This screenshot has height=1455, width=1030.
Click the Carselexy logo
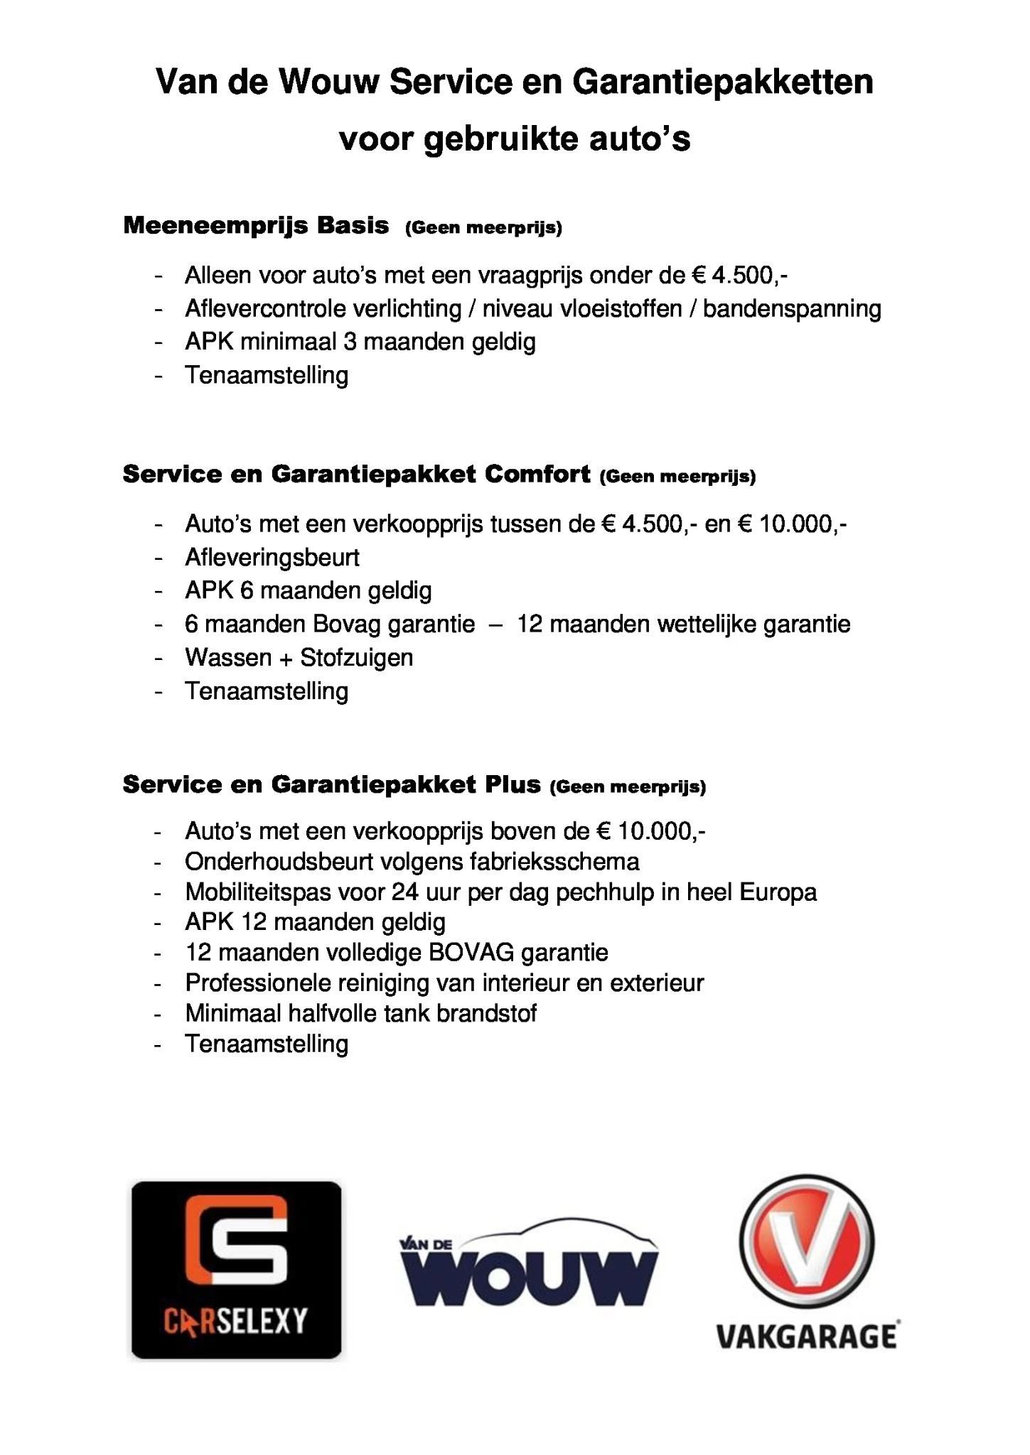[236, 1270]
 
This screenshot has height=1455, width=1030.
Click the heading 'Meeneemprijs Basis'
[256, 226]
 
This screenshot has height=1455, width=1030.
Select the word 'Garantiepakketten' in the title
[722, 82]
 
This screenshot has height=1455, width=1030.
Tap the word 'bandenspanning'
[792, 309]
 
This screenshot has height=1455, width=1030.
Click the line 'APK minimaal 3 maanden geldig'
[360, 342]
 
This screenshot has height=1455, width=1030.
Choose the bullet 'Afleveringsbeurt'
[272, 558]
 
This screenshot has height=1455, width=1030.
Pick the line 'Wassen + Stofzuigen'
[299, 658]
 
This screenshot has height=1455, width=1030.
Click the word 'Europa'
[778, 892]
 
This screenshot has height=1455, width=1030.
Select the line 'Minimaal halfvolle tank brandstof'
[360, 1013]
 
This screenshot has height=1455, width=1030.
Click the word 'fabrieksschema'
[554, 862]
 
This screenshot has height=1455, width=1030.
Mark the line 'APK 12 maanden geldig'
[315, 922]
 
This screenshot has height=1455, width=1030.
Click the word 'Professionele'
[257, 983]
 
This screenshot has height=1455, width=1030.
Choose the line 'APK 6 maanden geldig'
[308, 591]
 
